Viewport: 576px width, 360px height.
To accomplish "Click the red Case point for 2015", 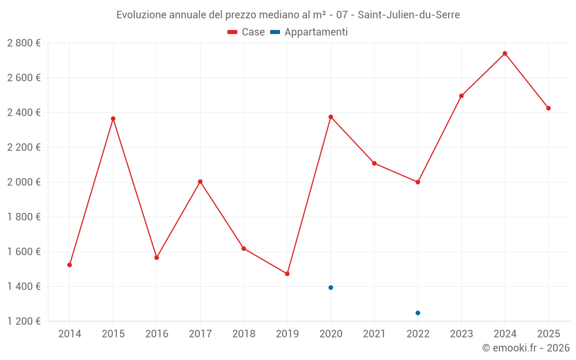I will [113, 119].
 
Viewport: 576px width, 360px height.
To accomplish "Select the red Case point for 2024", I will [505, 54].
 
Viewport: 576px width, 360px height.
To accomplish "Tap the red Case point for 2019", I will [287, 274].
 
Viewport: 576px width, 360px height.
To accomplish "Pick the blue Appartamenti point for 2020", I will [331, 287].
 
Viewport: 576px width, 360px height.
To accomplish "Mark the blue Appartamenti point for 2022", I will [418, 313].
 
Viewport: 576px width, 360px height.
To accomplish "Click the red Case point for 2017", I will [200, 181].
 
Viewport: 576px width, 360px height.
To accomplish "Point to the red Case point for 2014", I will [70, 265].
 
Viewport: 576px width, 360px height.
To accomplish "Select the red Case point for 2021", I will [374, 163].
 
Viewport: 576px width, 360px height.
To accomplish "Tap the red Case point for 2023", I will [461, 96].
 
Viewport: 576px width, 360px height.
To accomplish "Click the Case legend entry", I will [246, 32].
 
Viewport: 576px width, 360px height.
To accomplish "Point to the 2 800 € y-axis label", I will [24, 43].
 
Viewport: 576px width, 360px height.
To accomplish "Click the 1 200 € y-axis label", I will [24, 321].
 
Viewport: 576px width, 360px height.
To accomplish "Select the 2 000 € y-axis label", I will [24, 182].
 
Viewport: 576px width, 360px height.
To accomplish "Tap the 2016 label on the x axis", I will [157, 334].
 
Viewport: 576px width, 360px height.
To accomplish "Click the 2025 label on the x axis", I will [548, 334].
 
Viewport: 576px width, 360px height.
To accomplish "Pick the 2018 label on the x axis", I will [244, 334].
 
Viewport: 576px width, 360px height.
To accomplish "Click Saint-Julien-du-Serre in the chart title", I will [409, 15].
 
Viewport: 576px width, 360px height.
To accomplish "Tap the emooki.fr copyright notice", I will [525, 348].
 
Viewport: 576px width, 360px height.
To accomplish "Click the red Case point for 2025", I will [548, 108].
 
